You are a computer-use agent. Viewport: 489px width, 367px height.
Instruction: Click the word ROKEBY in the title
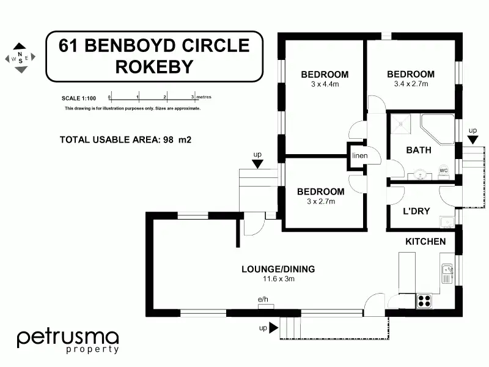pyautogui.click(x=154, y=67)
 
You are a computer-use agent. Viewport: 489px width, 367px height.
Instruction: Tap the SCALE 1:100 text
pyautogui.click(x=78, y=98)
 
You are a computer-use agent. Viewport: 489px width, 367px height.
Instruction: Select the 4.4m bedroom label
pyautogui.click(x=325, y=80)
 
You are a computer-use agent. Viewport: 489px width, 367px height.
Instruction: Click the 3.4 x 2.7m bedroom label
pyautogui.click(x=411, y=79)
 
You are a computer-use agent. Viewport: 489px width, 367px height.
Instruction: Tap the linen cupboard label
pyautogui.click(x=359, y=155)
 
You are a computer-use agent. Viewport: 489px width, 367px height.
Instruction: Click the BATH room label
pyautogui.click(x=419, y=150)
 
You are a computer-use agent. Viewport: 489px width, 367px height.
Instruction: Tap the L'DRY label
pyautogui.click(x=417, y=212)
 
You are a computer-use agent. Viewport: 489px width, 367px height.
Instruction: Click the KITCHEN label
pyautogui.click(x=425, y=242)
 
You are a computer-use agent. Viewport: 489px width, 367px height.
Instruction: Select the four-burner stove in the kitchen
pyautogui.click(x=424, y=300)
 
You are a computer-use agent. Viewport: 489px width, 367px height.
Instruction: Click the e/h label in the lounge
pyautogui.click(x=263, y=299)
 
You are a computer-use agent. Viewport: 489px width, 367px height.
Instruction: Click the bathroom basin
pyautogui.click(x=421, y=174)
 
